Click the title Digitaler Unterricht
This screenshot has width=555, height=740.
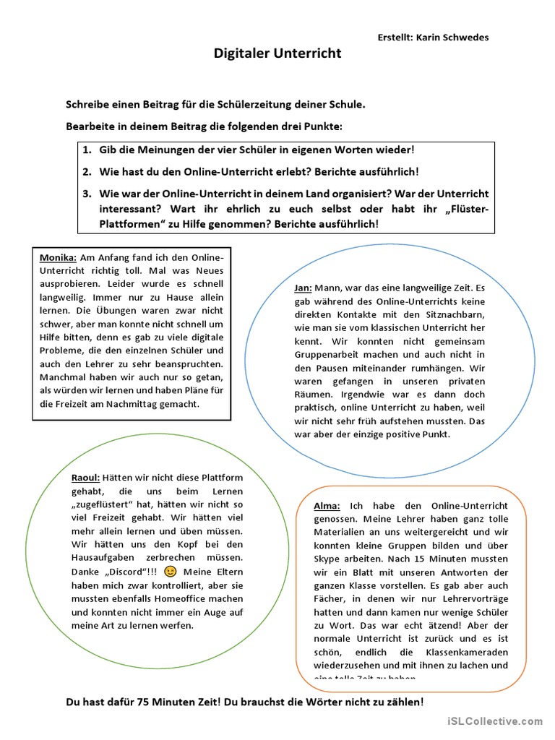pyautogui.click(x=277, y=53)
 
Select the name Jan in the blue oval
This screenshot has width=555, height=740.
pyautogui.click(x=302, y=288)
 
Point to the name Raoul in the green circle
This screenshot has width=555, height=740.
pyautogui.click(x=86, y=478)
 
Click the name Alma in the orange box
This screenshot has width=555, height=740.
pyautogui.click(x=327, y=505)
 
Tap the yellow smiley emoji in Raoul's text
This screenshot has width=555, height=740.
pyautogui.click(x=171, y=571)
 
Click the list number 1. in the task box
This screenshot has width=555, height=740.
pyautogui.click(x=86, y=150)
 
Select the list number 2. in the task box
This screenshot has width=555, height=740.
pyautogui.click(x=86, y=171)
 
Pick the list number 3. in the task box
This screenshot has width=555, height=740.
pyautogui.click(x=86, y=194)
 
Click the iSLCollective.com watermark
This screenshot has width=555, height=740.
pyautogui.click(x=494, y=720)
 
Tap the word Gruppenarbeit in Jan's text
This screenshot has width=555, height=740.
pyautogui.click(x=327, y=356)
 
